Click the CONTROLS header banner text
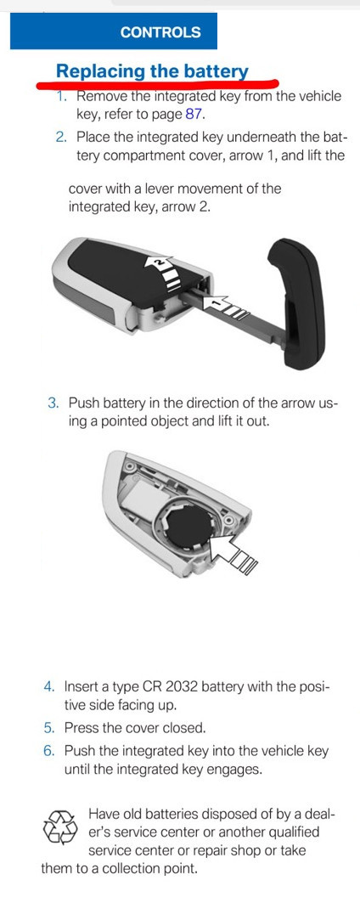point(160,32)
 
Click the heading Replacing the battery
point(152,71)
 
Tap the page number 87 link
point(194,114)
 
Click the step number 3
point(53,403)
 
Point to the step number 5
point(49,728)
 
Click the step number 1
point(62,96)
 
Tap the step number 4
point(49,686)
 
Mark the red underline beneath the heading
point(157,83)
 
